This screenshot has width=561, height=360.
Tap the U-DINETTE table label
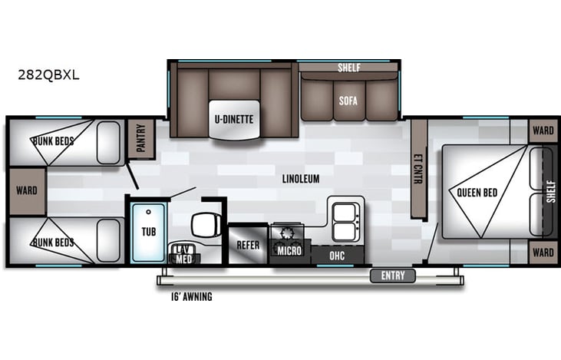(x=233, y=119)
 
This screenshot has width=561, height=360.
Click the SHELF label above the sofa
(x=348, y=68)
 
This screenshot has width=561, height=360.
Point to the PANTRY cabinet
(x=140, y=138)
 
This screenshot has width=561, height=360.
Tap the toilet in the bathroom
(x=203, y=224)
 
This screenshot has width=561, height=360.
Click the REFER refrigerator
(x=247, y=246)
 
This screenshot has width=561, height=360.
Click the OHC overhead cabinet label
(x=336, y=254)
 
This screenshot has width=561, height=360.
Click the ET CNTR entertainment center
(x=419, y=169)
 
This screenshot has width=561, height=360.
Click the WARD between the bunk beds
(x=27, y=190)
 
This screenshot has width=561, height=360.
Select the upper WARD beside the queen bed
(x=543, y=130)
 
